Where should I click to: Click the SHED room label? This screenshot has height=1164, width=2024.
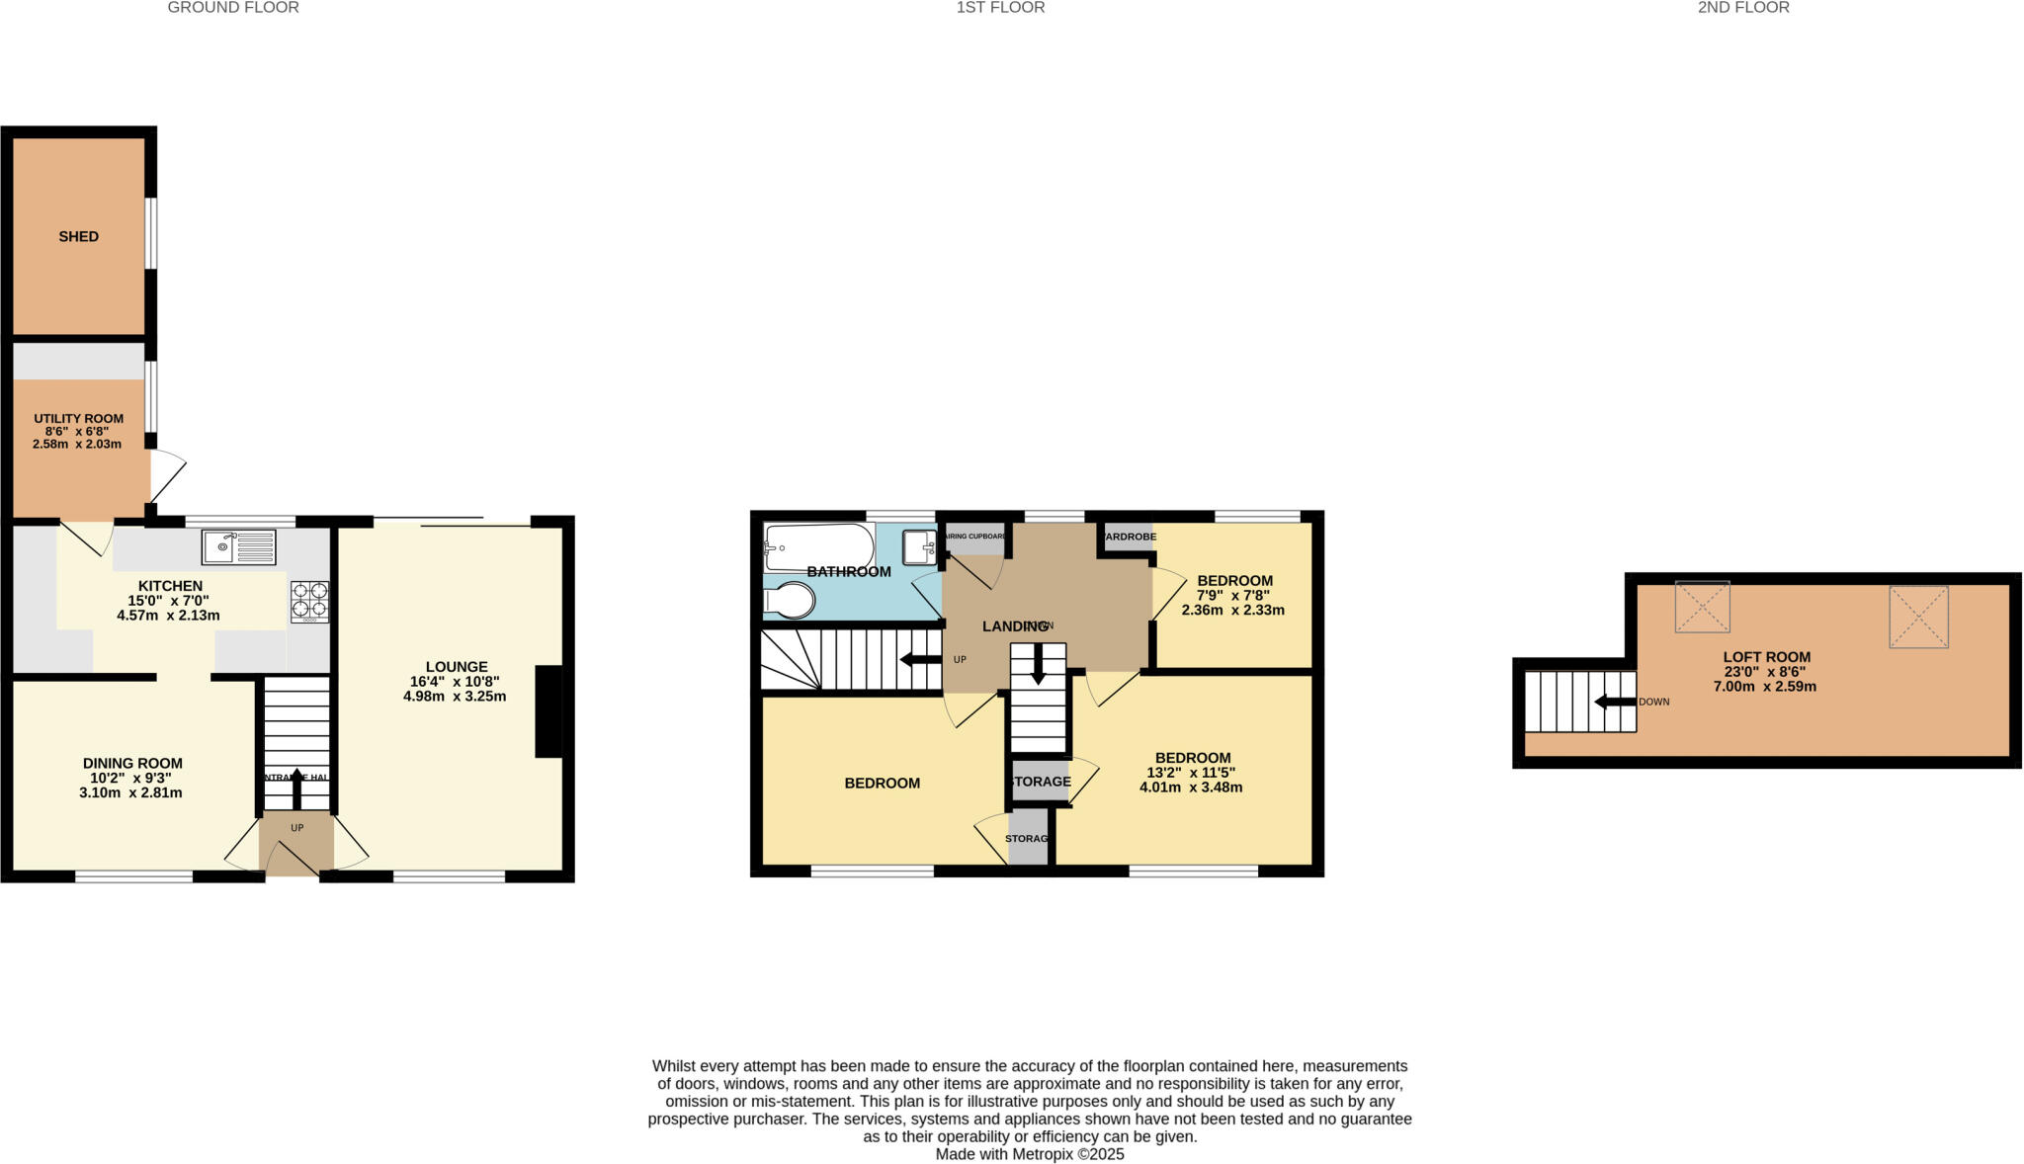78,237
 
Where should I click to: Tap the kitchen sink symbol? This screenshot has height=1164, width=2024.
238,546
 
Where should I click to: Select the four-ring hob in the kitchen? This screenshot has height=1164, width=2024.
309,601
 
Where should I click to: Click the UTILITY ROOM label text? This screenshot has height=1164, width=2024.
78,419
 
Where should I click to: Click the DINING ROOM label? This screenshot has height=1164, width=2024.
132,763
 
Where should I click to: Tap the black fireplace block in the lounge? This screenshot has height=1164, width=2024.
548,711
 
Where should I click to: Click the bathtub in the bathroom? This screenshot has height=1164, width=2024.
818,546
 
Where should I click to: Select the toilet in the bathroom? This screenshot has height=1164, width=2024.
790,600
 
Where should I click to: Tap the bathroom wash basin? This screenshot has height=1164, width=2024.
918,546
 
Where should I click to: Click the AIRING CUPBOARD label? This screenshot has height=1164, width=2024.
974,537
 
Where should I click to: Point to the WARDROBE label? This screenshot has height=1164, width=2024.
1128,537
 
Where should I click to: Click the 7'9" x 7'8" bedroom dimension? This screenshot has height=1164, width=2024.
1232,596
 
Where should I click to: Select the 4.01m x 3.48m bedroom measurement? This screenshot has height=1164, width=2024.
1190,788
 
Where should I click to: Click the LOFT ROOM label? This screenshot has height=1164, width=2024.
1766,657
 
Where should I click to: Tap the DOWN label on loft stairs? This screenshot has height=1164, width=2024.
1653,702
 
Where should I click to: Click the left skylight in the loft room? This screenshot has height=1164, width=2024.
1702,607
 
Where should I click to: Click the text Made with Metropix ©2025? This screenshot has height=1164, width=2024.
1029,1154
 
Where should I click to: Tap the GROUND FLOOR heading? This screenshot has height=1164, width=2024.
233,8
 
